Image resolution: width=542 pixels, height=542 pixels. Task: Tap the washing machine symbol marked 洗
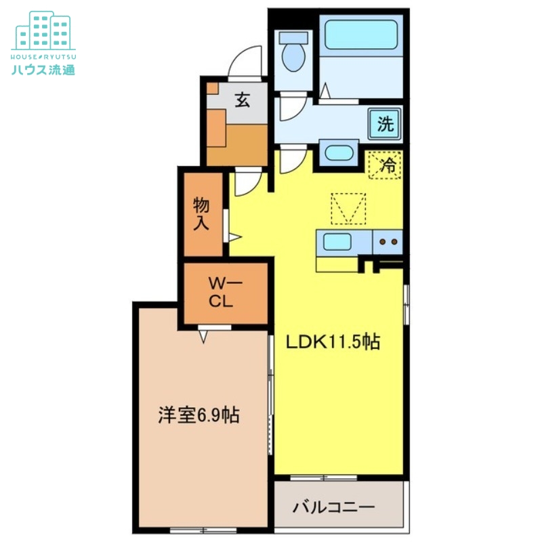pyautogui.click(x=384, y=124)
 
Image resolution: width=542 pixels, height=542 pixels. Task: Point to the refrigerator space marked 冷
pyautogui.click(x=385, y=165)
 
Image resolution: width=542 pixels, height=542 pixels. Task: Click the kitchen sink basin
pyautogui.click(x=336, y=242)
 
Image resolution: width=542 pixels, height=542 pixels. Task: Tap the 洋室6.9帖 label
pyautogui.click(x=199, y=415)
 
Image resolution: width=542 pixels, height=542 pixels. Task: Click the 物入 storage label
pyautogui.click(x=201, y=213)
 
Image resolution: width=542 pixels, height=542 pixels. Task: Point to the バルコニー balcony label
pyautogui.click(x=333, y=507)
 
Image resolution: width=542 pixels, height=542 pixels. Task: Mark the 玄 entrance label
pyautogui.click(x=242, y=100)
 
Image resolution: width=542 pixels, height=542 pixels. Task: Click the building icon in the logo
pyautogui.click(x=43, y=30)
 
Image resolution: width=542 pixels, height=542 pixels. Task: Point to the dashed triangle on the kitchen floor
pyautogui.click(x=348, y=208)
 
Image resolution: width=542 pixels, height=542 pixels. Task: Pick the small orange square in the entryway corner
pyautogui.click(x=212, y=88)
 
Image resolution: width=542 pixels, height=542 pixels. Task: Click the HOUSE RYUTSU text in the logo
pyautogui.click(x=43, y=56)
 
